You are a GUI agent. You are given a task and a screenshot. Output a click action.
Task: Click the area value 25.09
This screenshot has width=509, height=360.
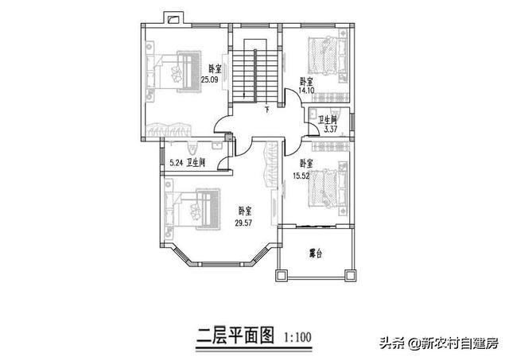pos(210,80)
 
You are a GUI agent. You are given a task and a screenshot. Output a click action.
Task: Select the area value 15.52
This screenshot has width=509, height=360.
pos(301,175)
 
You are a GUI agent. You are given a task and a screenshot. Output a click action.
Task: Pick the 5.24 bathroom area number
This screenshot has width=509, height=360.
pos(176,162)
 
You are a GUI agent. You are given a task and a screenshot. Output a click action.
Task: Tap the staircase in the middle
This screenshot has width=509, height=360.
pos(254,75)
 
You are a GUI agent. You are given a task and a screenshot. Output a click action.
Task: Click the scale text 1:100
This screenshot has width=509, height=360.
pos(297,336)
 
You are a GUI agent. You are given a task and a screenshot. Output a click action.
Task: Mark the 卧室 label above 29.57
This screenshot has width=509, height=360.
pos(245,211)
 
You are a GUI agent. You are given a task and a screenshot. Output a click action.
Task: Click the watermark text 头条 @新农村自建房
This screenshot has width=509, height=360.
pos(437,343)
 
